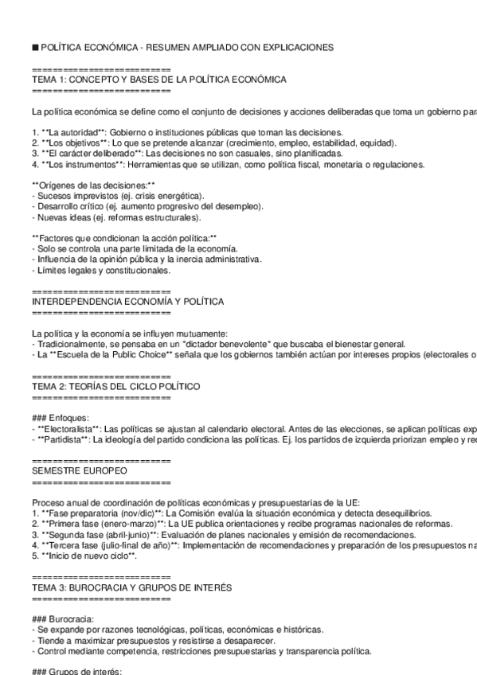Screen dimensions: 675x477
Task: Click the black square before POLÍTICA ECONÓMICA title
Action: click(x=35, y=48)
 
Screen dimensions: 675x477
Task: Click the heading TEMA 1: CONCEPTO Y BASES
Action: click(x=159, y=80)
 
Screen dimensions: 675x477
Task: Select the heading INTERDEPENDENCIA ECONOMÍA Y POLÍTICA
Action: click(x=127, y=302)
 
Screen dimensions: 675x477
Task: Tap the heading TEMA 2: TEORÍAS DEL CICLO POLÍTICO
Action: click(x=115, y=386)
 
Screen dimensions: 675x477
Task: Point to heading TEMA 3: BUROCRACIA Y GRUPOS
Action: click(x=131, y=587)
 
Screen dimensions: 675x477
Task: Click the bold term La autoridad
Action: click(x=74, y=132)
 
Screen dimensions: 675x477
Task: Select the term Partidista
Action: click(x=63, y=439)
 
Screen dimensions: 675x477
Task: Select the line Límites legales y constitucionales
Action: click(x=103, y=270)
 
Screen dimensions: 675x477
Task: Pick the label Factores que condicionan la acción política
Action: click(x=123, y=238)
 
